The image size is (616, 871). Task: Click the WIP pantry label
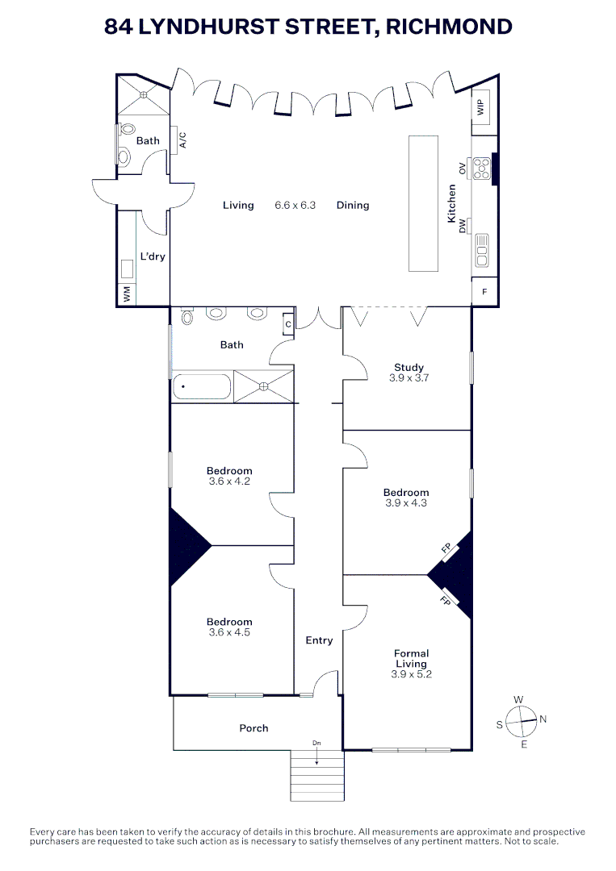coord(482,108)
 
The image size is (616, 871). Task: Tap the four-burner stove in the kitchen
coord(481,168)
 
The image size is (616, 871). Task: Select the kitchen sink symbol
coord(482,250)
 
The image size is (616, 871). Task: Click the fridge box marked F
coord(484,292)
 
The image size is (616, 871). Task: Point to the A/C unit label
coord(182,140)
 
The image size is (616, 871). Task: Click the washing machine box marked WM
coord(127,295)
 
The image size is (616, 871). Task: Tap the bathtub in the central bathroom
coord(202,386)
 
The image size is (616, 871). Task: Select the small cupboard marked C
coord(287,324)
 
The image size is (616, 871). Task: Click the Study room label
coord(409,368)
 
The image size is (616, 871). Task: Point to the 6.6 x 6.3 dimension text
coord(295,206)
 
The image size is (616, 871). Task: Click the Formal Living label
coord(411,659)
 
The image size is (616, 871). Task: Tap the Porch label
coord(254,728)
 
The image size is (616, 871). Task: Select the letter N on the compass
coord(543,719)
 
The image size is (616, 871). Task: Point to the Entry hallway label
coord(319,640)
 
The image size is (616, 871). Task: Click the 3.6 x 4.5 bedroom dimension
coord(229,633)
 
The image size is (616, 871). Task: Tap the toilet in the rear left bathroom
coord(125,155)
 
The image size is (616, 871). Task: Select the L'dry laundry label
coord(153,256)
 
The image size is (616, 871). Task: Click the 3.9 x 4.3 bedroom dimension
coord(406,503)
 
